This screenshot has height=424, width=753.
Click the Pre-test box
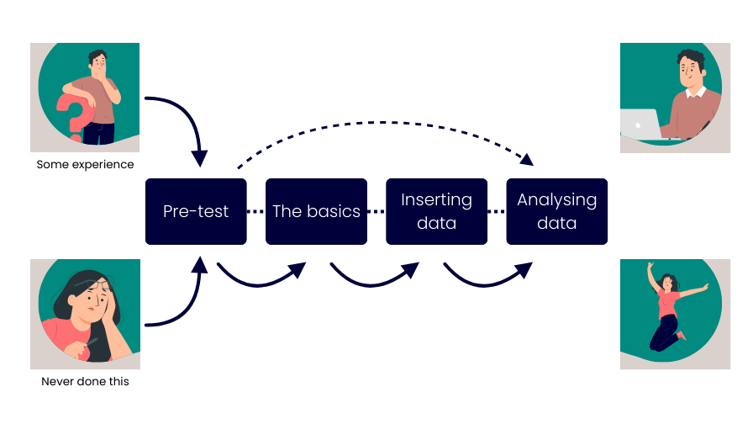coord(195,211)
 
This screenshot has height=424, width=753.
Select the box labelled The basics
coord(316,211)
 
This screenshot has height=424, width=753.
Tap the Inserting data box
coord(436,211)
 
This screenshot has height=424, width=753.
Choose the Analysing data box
coord(556,211)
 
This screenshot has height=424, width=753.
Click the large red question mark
coord(71,116)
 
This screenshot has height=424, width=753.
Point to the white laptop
coord(640,125)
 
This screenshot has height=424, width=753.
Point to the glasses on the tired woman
coord(99,289)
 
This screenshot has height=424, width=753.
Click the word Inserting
coord(436,200)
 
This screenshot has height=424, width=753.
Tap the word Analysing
coord(556,200)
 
